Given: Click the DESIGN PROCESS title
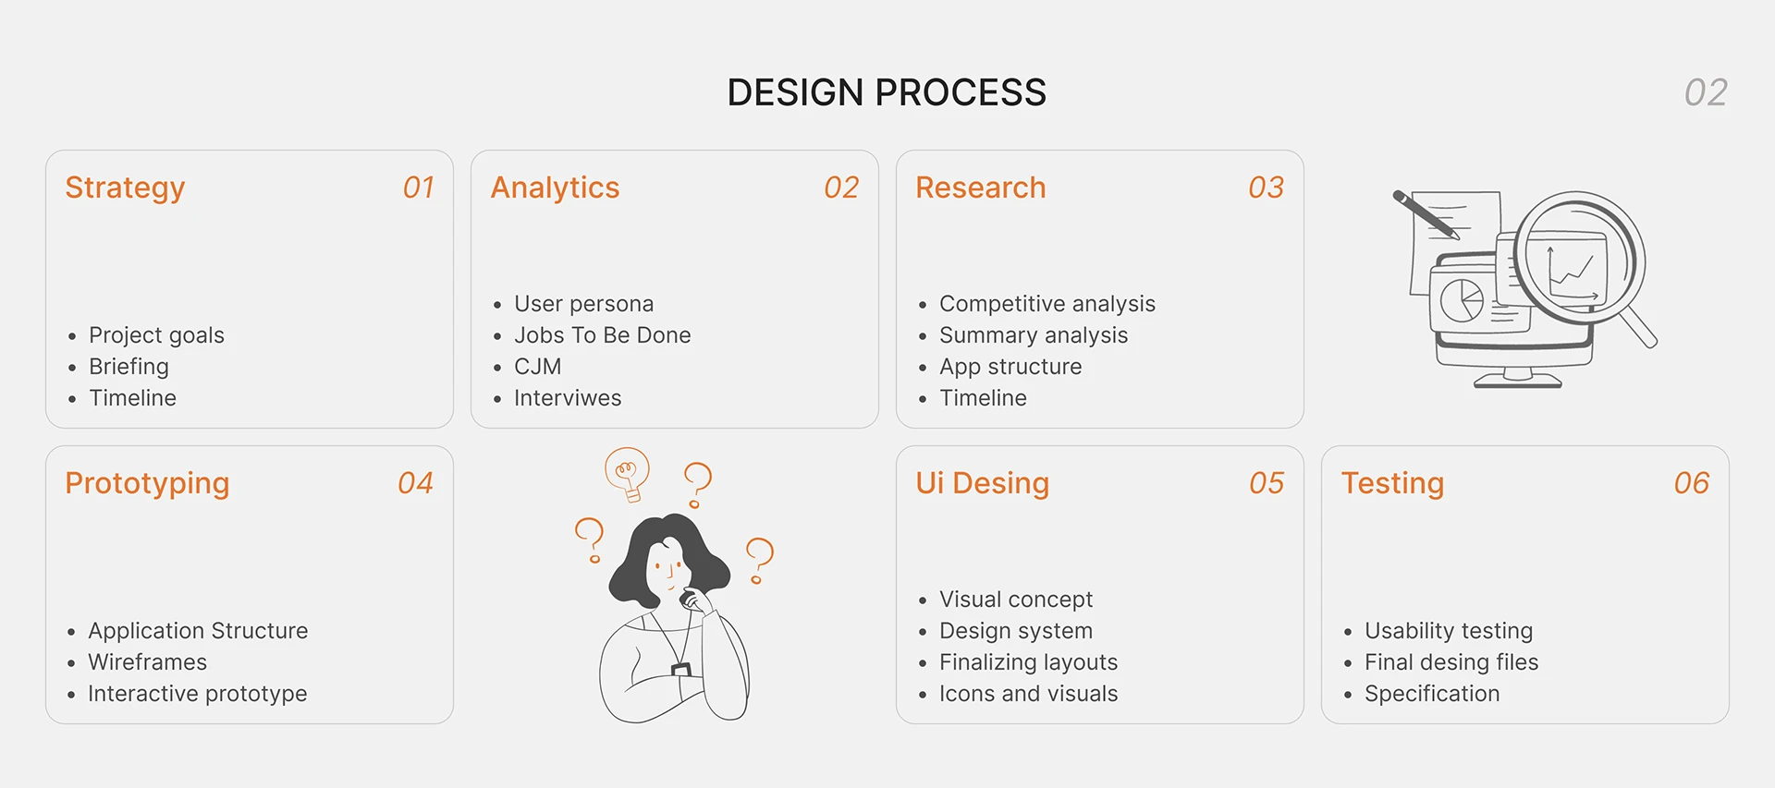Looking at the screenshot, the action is pos(887,92).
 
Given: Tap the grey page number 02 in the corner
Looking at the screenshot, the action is pos(1706,92).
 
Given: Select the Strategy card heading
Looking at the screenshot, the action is pos(125,188).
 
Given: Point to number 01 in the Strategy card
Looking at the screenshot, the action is pos(419,188).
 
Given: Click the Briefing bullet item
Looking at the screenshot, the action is pos(129,367).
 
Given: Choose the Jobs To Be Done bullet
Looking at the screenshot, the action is pos(603,335).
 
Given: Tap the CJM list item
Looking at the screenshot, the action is pos(538,367).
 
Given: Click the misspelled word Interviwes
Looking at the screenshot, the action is pos(568,398).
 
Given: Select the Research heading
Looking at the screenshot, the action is pos(981,188).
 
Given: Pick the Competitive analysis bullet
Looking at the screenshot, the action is pos(1047,304).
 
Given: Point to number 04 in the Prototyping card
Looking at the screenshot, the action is pos(415,483).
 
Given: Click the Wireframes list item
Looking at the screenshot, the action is pos(148,662).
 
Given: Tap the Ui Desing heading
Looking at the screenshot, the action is pos(983,483).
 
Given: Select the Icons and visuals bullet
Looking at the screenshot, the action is pos(1029,694).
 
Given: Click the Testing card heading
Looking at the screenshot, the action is pos(1392,483).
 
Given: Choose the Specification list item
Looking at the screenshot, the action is pos(1432,694).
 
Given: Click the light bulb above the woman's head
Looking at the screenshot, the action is pos(628,474).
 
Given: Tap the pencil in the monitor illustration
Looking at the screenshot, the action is pos(1426,214).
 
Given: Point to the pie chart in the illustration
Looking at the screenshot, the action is pos(1462,300).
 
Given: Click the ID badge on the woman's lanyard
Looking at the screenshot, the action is pos(681,669).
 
